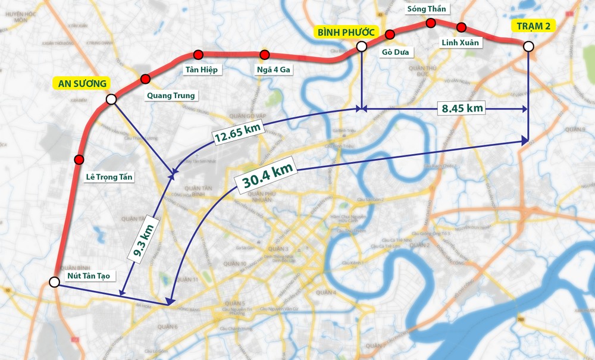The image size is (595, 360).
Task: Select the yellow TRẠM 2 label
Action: (534, 25)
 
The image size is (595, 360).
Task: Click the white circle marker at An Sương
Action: (111, 99)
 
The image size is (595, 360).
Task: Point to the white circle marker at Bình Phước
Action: (361, 46)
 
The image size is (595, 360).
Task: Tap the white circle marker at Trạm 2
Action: (528, 46)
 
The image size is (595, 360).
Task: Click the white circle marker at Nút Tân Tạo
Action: (54, 282)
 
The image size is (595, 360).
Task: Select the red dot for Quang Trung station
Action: (145, 79)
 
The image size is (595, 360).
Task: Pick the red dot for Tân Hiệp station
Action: (198, 56)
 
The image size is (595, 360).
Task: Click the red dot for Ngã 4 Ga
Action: (265, 55)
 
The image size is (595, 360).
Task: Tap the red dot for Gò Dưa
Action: (390, 34)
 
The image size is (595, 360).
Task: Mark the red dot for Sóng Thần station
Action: (431, 23)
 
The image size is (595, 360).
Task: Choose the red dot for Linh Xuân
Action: (462, 27)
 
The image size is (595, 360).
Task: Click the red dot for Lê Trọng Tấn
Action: (79, 159)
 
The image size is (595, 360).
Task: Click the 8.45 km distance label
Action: (463, 108)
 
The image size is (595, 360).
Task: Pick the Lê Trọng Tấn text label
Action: (110, 177)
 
